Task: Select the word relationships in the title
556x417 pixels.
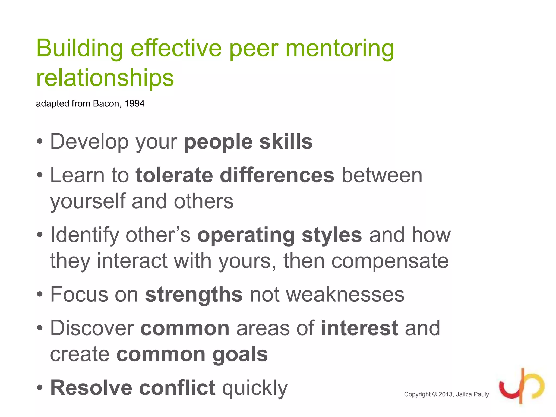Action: tap(105, 78)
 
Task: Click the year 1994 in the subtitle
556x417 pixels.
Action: tap(134, 103)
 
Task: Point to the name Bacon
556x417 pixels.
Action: tap(106, 103)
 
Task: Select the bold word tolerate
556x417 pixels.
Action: tap(174, 175)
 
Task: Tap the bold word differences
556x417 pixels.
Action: tap(277, 175)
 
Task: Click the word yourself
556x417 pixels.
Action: tap(88, 201)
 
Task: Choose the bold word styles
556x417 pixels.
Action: tap(332, 235)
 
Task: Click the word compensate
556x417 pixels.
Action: tap(390, 261)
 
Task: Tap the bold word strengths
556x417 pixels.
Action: tap(194, 295)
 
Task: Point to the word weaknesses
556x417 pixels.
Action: tap(327, 295)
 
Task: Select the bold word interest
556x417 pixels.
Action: tap(359, 328)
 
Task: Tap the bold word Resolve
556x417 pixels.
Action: tap(91, 388)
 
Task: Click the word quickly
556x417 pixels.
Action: tap(255, 388)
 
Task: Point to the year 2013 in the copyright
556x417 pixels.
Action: tap(446, 394)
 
